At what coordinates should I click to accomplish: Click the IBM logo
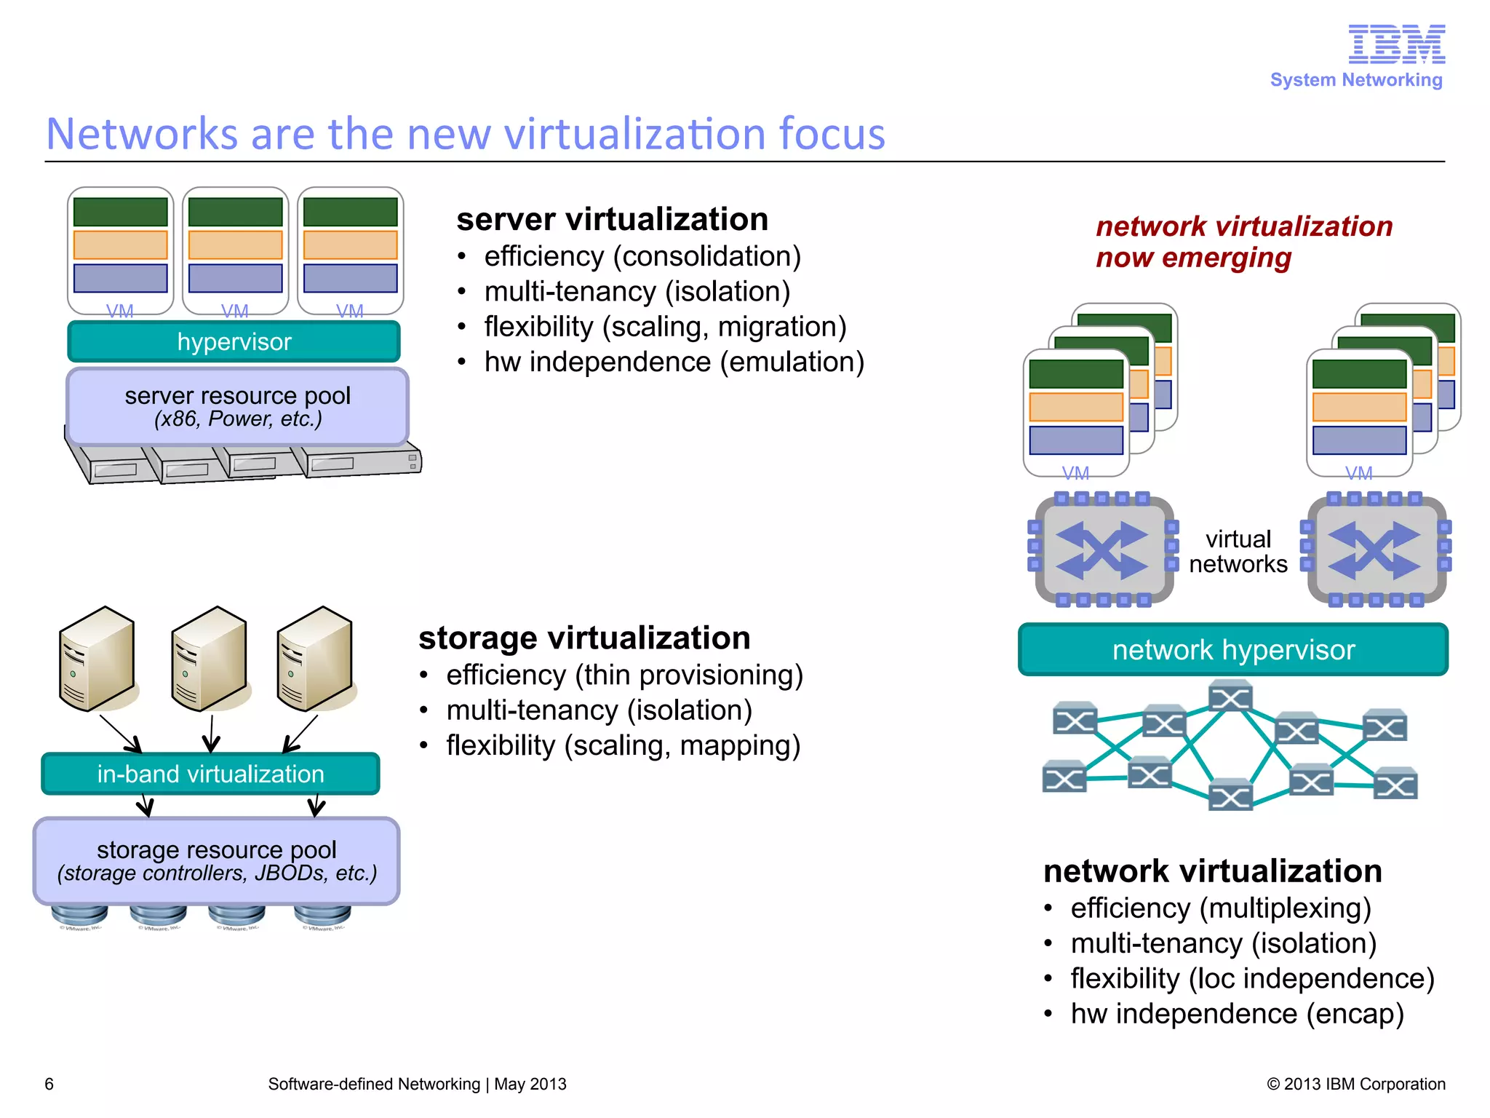(1396, 44)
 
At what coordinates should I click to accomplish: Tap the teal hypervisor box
(234, 341)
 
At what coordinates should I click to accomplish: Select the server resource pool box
(237, 406)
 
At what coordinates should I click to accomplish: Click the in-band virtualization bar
(210, 774)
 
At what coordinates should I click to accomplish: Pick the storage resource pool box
(216, 860)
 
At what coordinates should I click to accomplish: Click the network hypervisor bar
(1232, 649)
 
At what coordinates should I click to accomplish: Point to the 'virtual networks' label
(1238, 552)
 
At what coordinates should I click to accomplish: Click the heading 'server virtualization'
(612, 219)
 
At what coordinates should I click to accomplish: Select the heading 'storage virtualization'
(584, 638)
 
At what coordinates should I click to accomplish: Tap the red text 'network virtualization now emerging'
(1243, 242)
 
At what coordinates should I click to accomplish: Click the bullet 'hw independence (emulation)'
(674, 362)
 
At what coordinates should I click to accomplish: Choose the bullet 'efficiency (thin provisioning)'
(624, 675)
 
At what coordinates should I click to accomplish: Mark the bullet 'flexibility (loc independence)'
(1251, 978)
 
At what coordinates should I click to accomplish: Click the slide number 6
(49, 1084)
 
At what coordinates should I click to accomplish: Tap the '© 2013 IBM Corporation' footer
(1355, 1084)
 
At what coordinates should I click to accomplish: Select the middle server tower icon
(209, 659)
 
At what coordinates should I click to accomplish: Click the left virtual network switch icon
(1102, 550)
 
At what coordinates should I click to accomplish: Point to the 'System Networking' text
(1355, 80)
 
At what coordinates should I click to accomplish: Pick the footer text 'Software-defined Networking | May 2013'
(417, 1084)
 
